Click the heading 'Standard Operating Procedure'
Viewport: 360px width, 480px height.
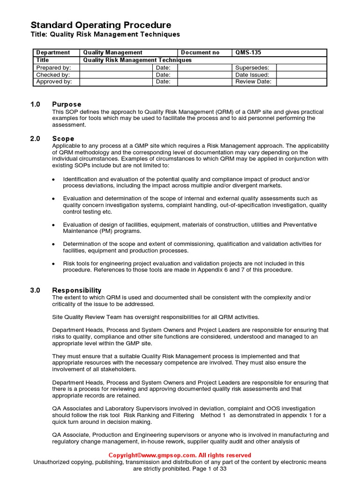pos(101,25)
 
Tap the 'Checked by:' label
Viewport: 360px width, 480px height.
pos(53,75)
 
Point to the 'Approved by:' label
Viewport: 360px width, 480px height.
pos(54,82)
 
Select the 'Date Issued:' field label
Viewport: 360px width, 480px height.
pos(252,75)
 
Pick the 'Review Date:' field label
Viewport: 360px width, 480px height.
pos(253,82)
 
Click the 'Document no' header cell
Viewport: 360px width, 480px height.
pos(200,52)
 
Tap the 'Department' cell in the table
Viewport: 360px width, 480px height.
pos(53,52)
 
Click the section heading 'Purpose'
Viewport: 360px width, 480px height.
pos(67,104)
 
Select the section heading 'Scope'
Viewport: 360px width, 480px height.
pos(63,138)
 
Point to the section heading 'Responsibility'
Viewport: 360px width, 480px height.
pos(76,290)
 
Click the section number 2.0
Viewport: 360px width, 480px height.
pos(36,138)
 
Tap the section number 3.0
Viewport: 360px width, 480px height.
pos(36,290)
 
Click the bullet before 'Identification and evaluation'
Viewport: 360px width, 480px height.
pos(53,180)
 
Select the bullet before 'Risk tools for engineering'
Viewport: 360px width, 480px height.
pos(53,264)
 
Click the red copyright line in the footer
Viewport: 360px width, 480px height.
pos(180,455)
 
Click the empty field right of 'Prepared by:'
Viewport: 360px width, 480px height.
pos(116,67)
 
